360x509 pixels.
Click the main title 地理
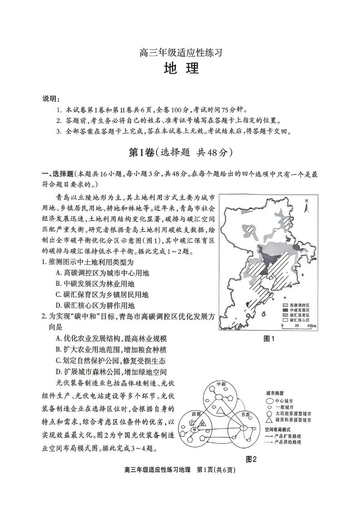coord(180,70)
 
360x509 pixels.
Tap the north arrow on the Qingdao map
coord(306,206)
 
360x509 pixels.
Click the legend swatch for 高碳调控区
coord(285,305)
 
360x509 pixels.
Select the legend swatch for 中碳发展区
coord(285,310)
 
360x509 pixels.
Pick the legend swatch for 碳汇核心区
coord(285,320)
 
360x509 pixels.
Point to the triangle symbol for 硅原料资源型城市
coord(268,421)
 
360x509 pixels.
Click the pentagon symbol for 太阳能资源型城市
coord(268,414)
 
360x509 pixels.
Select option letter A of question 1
coord(58,273)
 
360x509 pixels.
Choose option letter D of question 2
coord(58,372)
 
